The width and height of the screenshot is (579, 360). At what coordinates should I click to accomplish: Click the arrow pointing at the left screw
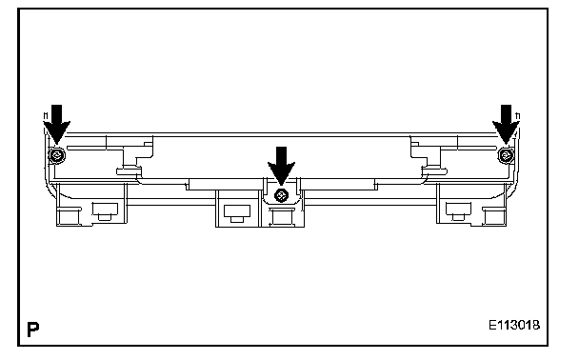(56, 124)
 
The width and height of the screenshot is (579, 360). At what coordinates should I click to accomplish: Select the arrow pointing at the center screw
(281, 166)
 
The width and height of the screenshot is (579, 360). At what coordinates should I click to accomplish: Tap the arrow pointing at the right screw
(506, 124)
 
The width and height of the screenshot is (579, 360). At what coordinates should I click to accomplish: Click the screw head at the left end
(57, 155)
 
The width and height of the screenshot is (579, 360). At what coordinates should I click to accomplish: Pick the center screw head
(281, 195)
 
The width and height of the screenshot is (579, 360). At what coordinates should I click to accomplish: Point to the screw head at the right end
(506, 155)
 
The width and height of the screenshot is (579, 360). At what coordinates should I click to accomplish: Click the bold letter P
(33, 329)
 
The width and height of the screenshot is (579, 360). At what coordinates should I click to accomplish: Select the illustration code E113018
(514, 326)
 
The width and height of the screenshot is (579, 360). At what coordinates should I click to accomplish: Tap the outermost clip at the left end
(69, 216)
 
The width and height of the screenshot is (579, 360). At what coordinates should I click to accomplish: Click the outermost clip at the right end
(494, 216)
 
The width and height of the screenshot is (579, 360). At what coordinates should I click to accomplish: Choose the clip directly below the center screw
(281, 216)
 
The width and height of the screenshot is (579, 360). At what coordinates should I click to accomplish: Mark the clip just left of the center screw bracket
(237, 213)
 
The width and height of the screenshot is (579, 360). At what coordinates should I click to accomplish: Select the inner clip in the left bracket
(106, 211)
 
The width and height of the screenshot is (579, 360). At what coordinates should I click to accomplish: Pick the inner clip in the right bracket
(458, 211)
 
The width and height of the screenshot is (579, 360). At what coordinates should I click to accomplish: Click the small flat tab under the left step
(129, 171)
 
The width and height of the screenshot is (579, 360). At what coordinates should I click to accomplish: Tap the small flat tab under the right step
(434, 171)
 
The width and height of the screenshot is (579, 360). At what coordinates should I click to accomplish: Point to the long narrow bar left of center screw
(224, 184)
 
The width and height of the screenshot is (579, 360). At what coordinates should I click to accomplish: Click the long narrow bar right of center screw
(339, 184)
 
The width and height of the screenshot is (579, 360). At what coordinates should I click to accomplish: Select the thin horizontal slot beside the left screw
(95, 148)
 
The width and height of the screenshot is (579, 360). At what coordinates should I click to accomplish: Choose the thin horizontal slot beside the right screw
(468, 148)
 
